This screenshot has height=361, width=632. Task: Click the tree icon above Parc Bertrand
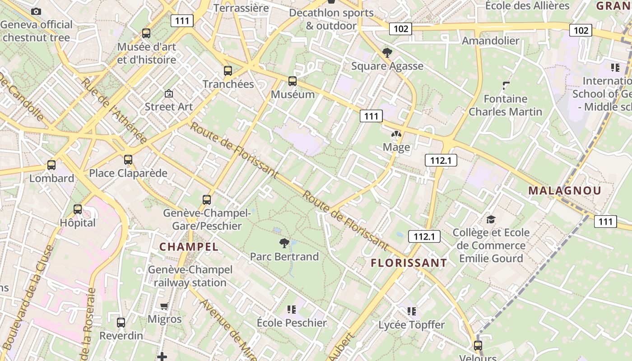[284, 244]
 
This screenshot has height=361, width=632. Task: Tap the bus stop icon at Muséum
[293, 81]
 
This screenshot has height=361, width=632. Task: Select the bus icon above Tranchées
[228, 71]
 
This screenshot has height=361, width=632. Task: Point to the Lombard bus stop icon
[51, 165]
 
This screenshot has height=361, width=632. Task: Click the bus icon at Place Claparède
[128, 160]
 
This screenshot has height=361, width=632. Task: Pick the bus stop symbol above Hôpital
[78, 209]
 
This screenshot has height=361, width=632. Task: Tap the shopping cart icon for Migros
[164, 306]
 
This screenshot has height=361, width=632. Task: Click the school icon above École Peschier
[291, 310]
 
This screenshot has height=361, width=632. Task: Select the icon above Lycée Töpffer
[411, 311]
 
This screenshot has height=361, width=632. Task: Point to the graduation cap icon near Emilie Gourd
[491, 220]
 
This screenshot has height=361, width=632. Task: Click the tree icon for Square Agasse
[387, 53]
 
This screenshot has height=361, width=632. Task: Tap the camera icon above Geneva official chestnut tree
[36, 11]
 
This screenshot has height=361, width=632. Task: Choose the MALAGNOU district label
[564, 190]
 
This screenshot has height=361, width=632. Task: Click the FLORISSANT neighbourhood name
[409, 263]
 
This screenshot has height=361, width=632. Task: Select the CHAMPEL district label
[189, 247]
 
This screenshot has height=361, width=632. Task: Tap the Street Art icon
[169, 94]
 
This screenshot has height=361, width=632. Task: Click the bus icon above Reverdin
[121, 323]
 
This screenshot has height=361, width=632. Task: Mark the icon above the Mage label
[396, 134]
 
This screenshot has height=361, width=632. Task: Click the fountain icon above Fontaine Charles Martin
[506, 85]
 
